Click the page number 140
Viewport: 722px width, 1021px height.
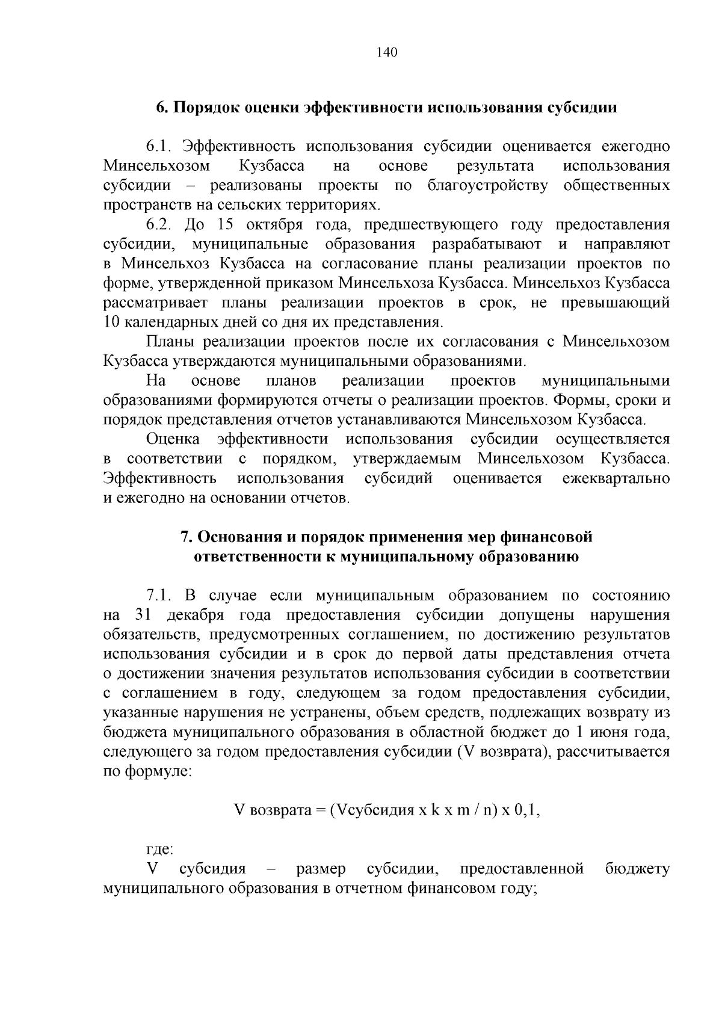click(x=387, y=52)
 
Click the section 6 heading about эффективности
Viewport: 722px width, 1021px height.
click(x=387, y=108)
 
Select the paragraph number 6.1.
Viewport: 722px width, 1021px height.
click(x=159, y=147)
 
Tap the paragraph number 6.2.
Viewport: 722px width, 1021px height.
click(x=159, y=225)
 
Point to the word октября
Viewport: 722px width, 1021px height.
click(x=277, y=225)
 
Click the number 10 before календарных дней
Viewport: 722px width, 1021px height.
click(x=112, y=322)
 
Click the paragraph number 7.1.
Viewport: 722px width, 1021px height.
click(x=159, y=596)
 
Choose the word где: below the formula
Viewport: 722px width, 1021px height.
click(x=160, y=850)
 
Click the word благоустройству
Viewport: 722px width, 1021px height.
click(x=487, y=185)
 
